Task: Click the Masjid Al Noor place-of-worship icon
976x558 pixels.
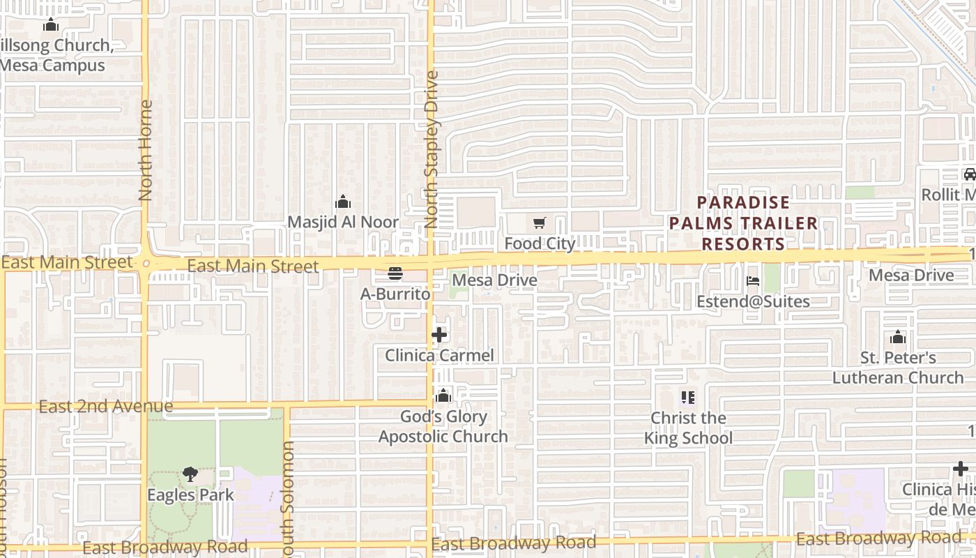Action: (x=343, y=202)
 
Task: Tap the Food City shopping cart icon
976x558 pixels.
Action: (x=539, y=223)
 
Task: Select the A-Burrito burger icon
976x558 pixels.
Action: (x=395, y=273)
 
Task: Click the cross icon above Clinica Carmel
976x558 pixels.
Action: (x=439, y=335)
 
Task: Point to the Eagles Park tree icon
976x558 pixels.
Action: (x=190, y=474)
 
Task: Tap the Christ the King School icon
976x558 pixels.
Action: (x=688, y=398)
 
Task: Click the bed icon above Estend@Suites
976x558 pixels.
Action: (x=753, y=281)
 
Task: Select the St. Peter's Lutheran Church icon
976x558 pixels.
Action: (x=898, y=338)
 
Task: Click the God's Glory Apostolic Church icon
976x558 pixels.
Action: (x=443, y=396)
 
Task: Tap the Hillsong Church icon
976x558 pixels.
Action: (x=50, y=26)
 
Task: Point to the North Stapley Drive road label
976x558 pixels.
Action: (x=432, y=149)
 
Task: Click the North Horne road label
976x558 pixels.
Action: (x=145, y=151)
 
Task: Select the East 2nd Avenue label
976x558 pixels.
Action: (x=106, y=406)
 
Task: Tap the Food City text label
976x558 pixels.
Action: (x=540, y=243)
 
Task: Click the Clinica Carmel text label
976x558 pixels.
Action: (x=439, y=355)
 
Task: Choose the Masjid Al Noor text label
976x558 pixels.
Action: (x=343, y=223)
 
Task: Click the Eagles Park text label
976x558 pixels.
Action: (x=190, y=495)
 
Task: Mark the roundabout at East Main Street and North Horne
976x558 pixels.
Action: (x=146, y=264)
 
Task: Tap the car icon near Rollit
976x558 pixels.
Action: (x=969, y=174)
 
